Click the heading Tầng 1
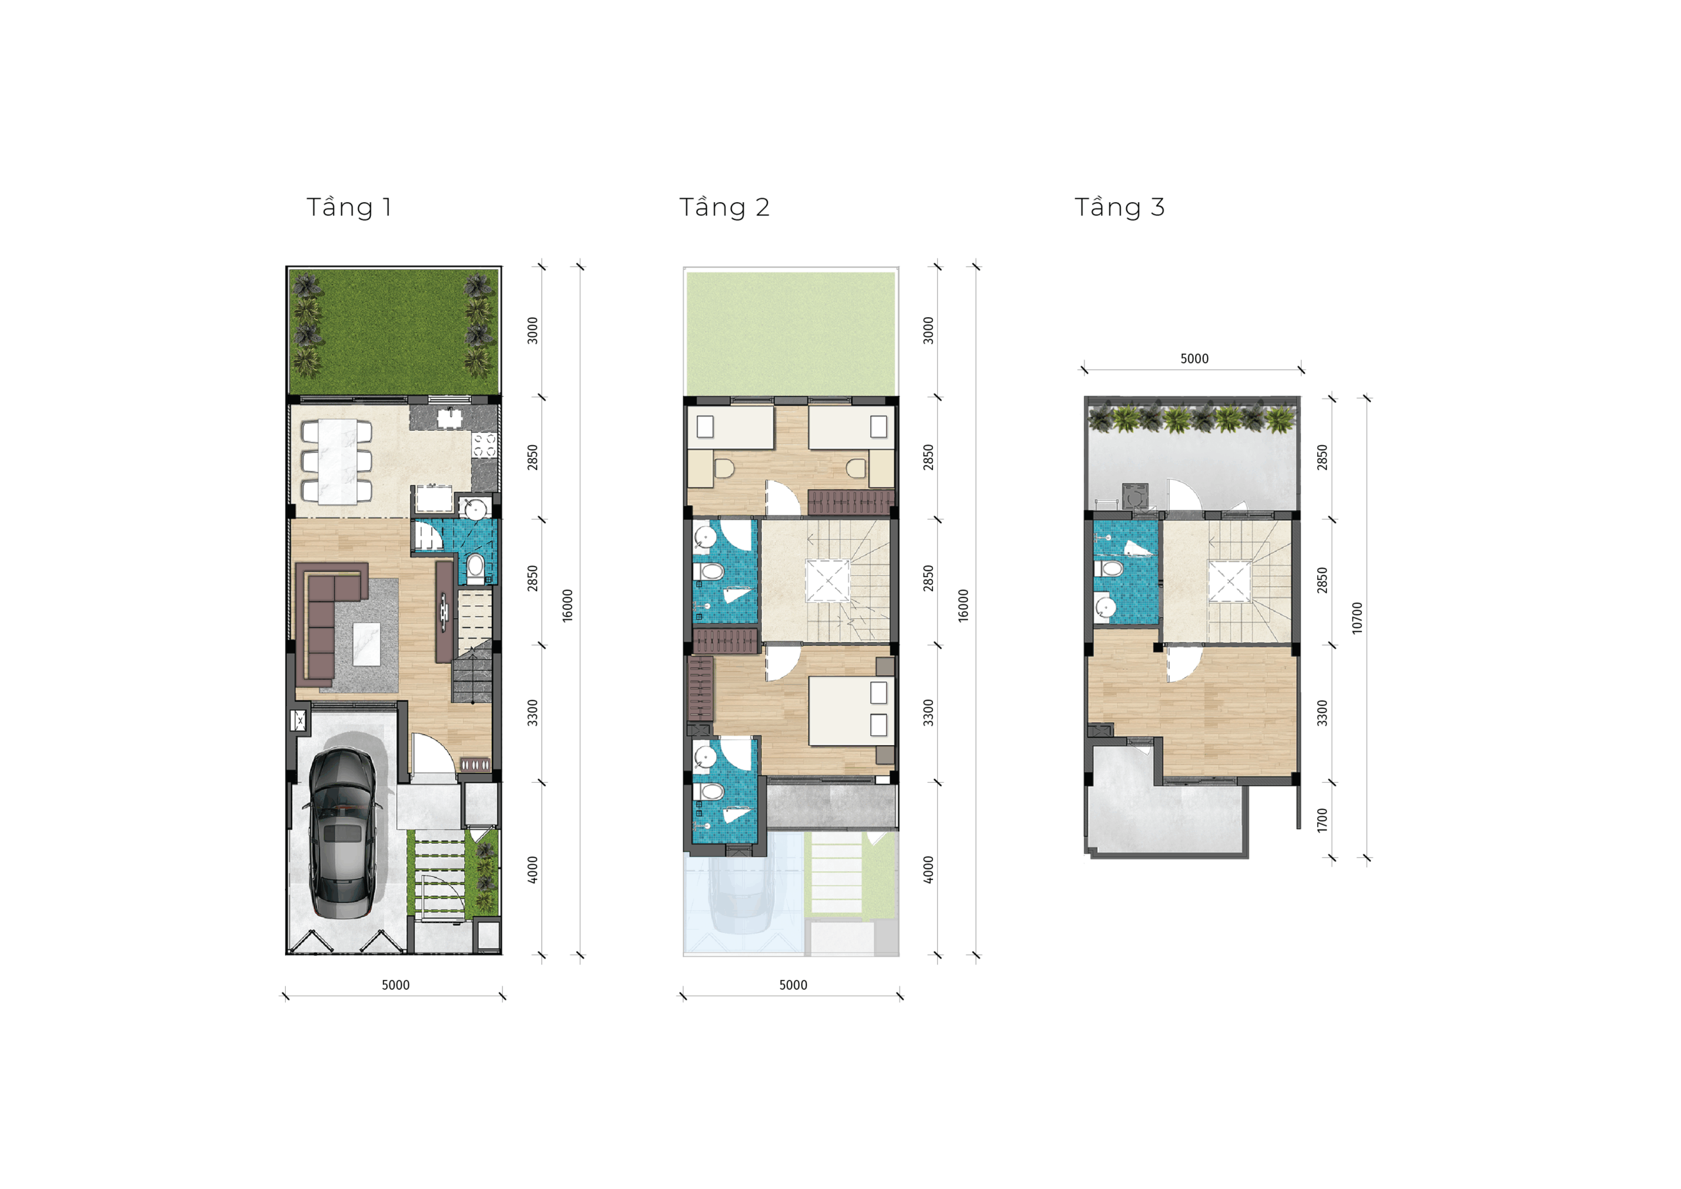(x=349, y=207)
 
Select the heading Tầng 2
(x=724, y=207)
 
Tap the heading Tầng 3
(x=1120, y=207)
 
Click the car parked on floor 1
(x=343, y=833)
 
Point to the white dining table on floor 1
(x=338, y=462)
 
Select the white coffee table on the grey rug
(x=367, y=644)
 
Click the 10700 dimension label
(x=1357, y=618)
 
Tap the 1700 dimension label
(x=1322, y=820)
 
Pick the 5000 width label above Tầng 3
(x=1194, y=358)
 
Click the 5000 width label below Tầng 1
(x=395, y=985)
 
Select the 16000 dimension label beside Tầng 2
(x=963, y=605)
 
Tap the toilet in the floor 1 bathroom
(x=475, y=567)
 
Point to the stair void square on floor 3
(x=1230, y=581)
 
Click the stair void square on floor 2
(x=828, y=580)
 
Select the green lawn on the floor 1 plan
(x=393, y=332)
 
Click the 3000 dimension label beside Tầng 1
(x=533, y=330)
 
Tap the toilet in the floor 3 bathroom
(x=1108, y=569)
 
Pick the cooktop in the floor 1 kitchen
(x=485, y=444)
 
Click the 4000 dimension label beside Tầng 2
(x=928, y=869)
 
